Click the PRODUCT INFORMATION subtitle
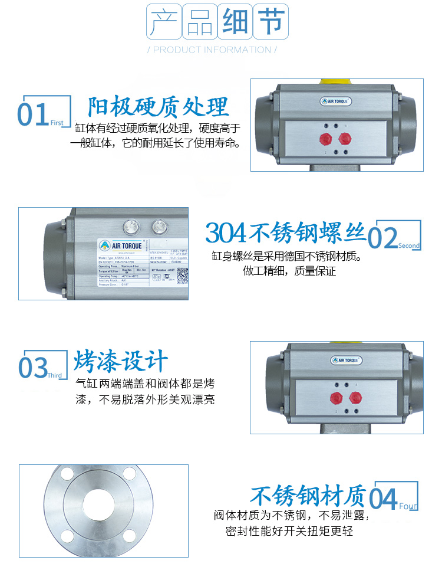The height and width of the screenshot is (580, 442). pyautogui.click(x=212, y=50)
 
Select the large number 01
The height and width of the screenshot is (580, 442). pyautogui.click(x=33, y=114)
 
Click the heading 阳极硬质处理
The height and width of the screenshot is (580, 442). pyautogui.click(x=158, y=107)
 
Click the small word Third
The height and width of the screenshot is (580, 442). pyautogui.click(x=54, y=375)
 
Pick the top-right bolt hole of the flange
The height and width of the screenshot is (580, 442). pyautogui.click(x=130, y=474)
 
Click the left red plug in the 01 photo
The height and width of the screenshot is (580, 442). pyautogui.click(x=324, y=139)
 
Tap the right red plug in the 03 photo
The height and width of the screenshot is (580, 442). pyautogui.click(x=355, y=397)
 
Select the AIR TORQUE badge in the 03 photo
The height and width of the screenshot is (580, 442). pyautogui.click(x=346, y=361)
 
